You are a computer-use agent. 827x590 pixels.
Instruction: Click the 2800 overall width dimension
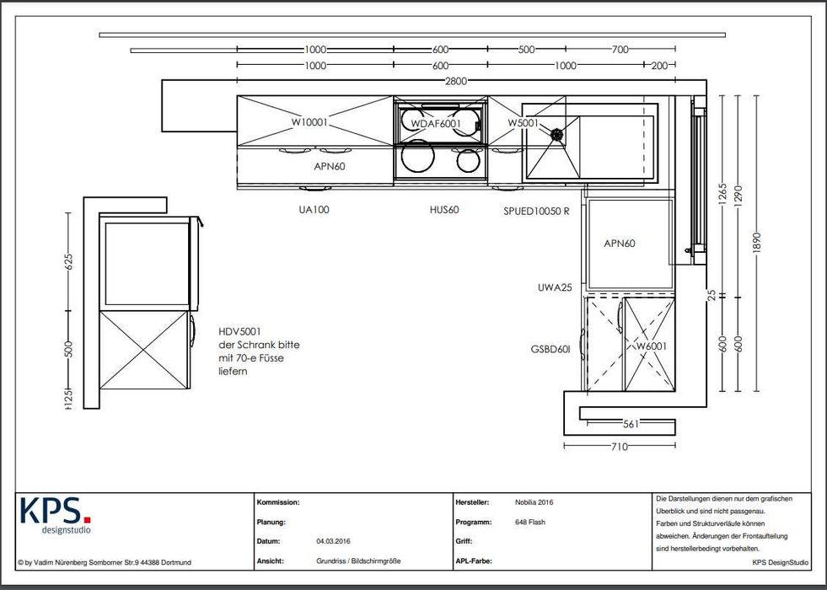coord(456,81)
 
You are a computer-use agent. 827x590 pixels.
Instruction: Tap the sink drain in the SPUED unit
coord(556,135)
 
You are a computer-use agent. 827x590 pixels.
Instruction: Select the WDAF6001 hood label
coord(436,123)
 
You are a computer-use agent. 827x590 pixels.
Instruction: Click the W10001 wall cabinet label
coord(309,122)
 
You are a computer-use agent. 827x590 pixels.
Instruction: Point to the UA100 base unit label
coord(314,209)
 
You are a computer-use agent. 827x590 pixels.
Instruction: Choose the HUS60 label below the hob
coord(444,209)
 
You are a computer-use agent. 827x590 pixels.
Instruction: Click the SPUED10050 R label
coord(536,211)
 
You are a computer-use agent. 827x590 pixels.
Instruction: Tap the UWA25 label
coord(555,287)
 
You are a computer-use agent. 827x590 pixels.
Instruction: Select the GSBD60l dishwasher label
coord(550,349)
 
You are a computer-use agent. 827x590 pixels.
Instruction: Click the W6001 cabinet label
coord(651,346)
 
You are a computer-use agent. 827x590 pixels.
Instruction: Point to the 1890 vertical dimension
coord(757,243)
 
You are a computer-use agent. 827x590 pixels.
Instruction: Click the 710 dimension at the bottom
coord(619,447)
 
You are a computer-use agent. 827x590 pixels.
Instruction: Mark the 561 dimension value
coord(631,423)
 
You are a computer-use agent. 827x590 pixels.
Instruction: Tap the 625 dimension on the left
coord(68,261)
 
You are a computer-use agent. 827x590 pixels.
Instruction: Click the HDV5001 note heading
coord(239,331)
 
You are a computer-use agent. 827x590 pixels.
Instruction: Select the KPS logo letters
coord(56,510)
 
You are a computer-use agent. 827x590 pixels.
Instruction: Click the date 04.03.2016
coord(333,541)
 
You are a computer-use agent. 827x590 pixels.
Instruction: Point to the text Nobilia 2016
coord(534,502)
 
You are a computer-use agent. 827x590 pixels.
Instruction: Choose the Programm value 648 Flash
coord(530,522)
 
